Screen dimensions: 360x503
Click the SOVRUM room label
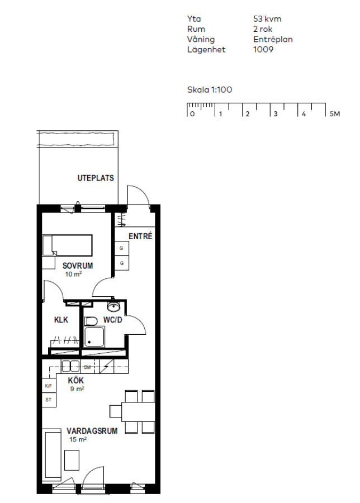(x=78, y=265)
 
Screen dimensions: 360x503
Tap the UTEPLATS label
(x=96, y=178)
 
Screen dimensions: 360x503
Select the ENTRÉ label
(x=140, y=236)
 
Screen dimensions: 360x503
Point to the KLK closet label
(x=61, y=320)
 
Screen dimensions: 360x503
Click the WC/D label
(x=112, y=320)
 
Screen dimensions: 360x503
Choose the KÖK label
(x=75, y=381)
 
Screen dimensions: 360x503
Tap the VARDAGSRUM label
(x=92, y=431)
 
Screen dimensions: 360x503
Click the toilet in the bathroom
(x=91, y=321)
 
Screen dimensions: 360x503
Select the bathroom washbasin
(x=113, y=307)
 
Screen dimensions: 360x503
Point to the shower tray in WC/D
(x=94, y=336)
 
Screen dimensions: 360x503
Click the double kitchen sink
(x=70, y=366)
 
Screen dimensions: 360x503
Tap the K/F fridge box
(x=49, y=386)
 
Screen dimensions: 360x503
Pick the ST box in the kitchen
(x=49, y=400)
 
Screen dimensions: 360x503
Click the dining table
(x=138, y=411)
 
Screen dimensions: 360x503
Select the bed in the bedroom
(x=68, y=245)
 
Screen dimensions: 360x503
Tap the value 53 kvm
(x=267, y=19)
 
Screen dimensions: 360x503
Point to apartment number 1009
(x=263, y=49)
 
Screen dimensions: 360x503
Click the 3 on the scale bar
(x=275, y=114)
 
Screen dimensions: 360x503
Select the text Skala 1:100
(x=210, y=89)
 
